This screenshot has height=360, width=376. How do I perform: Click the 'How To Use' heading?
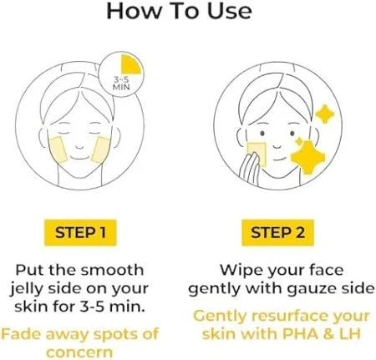(x=179, y=11)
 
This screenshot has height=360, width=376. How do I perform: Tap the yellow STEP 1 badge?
(x=80, y=232)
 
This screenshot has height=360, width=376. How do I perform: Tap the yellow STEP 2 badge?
(x=277, y=232)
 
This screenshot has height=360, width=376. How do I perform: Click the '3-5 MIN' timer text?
(x=121, y=84)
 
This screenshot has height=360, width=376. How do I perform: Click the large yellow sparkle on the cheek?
(x=307, y=157)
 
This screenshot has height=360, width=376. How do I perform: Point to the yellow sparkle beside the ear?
(x=324, y=114)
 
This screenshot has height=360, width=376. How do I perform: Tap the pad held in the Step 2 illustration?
(x=257, y=154)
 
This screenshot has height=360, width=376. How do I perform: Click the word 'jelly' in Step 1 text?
(x=27, y=290)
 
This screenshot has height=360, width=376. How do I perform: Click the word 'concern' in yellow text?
(x=79, y=352)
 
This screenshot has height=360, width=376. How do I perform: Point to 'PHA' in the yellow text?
(x=300, y=333)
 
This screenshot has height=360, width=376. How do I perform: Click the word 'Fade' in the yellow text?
(x=21, y=334)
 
